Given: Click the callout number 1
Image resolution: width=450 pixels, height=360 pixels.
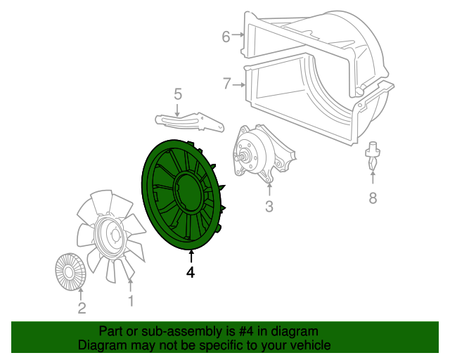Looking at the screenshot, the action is point(130,302).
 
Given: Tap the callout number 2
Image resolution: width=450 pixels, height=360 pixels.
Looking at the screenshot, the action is point(82,308).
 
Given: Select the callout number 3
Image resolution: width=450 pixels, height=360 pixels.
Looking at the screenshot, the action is point(269,207).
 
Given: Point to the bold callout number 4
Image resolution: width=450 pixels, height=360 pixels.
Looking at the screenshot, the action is point(190,272).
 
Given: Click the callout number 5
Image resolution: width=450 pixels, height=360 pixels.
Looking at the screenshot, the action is point(178,94).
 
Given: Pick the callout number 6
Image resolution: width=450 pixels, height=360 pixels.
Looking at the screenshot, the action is point(226,37).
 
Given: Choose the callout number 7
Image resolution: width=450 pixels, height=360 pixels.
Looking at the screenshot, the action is point(226,84).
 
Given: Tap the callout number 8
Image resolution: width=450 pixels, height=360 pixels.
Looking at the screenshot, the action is point(373,198).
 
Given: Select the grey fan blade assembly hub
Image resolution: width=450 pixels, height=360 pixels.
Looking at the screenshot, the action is point(110,236).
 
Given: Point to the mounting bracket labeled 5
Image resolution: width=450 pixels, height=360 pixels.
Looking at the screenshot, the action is point(188,122).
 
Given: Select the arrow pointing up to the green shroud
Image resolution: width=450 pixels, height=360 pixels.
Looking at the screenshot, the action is point(191,256).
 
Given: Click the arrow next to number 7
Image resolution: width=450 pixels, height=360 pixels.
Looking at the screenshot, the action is point(239,85).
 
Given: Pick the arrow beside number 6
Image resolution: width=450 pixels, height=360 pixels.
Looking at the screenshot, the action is point(239,37).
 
